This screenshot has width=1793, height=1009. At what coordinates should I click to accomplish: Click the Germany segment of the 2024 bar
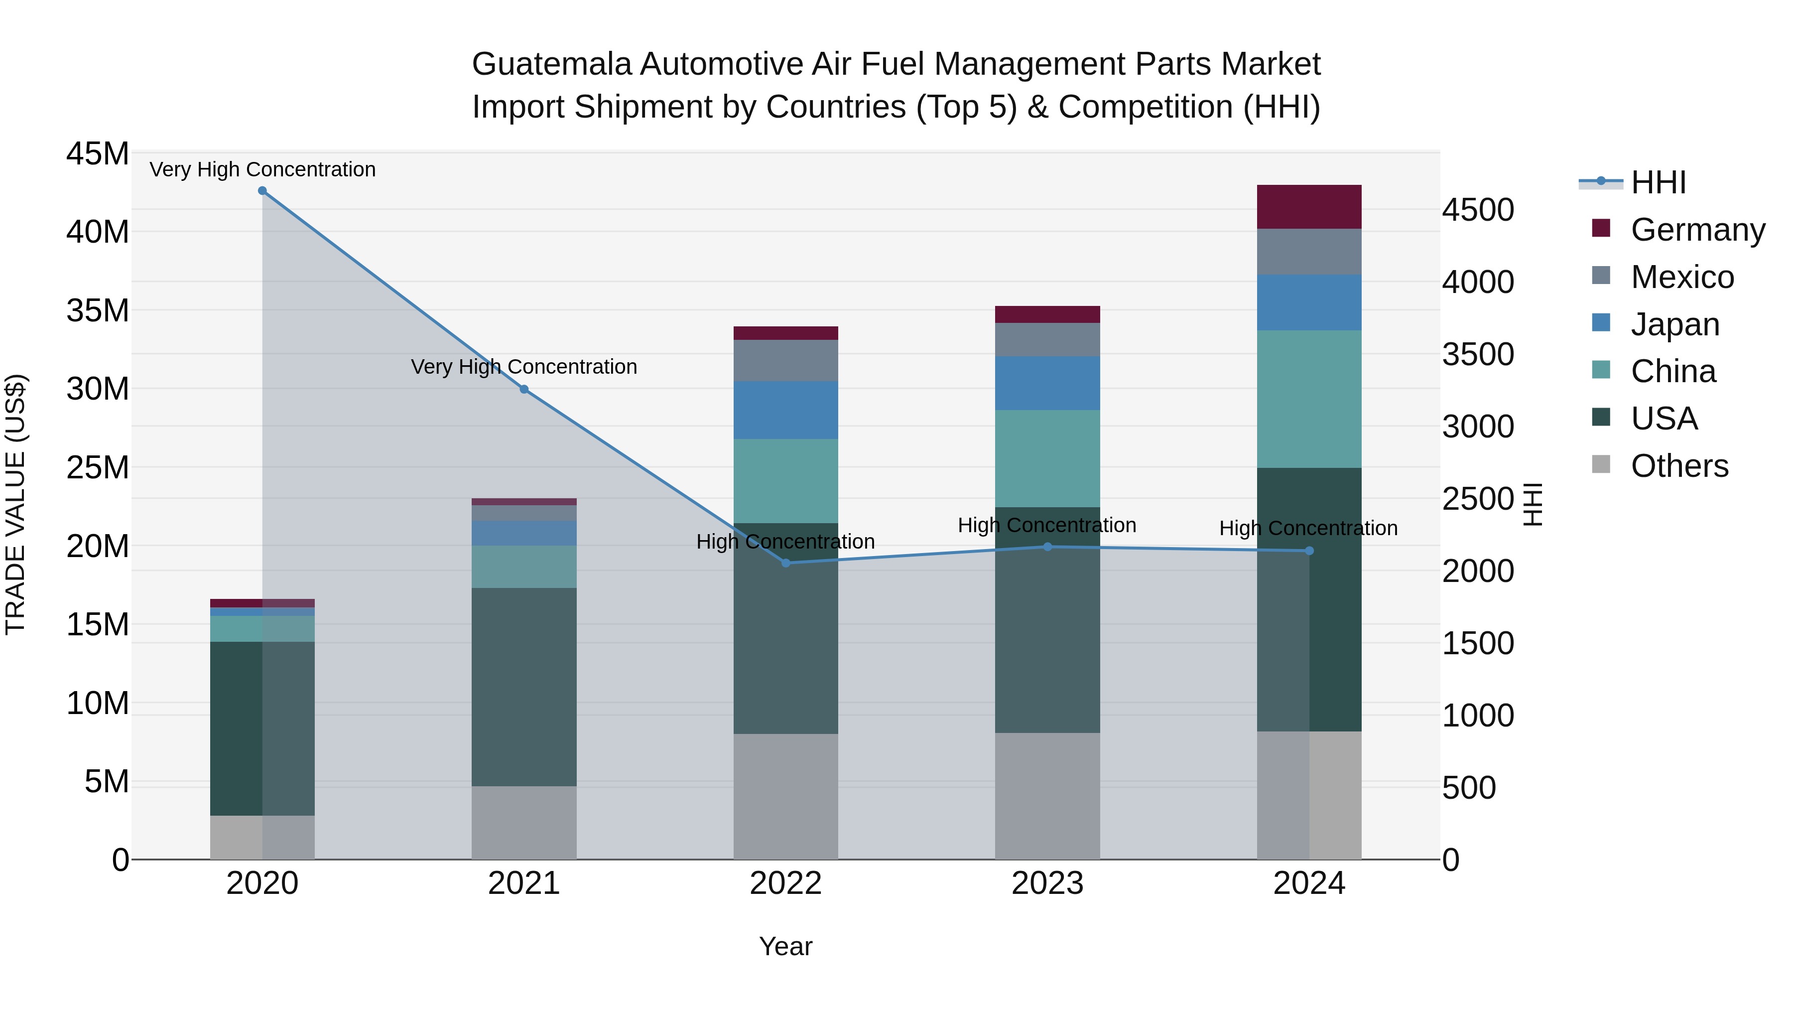pyautogui.click(x=1308, y=207)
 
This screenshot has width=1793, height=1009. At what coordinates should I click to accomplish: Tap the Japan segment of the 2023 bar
pyautogui.click(x=1047, y=383)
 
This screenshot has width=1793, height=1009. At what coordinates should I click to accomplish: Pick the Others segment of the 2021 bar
pyautogui.click(x=523, y=822)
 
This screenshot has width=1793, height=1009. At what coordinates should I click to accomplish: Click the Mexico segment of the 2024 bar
pyautogui.click(x=1308, y=252)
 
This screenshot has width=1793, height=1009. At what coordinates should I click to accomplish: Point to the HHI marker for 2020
pyautogui.click(x=262, y=191)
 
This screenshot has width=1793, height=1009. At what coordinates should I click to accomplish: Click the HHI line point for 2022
pyautogui.click(x=786, y=563)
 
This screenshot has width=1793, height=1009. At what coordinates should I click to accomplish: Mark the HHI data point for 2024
pyautogui.click(x=1308, y=551)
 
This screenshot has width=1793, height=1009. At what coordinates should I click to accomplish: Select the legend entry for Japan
pyautogui.click(x=1674, y=324)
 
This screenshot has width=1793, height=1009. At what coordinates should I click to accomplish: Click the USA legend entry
pyautogui.click(x=1664, y=419)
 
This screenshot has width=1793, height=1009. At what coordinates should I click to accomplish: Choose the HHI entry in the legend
pyautogui.click(x=1658, y=182)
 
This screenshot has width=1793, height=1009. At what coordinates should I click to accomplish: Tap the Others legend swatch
pyautogui.click(x=1601, y=464)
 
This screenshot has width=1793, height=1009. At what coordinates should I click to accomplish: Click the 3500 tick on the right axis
pyautogui.click(x=1477, y=354)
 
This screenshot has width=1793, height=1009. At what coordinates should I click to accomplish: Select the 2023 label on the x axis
pyautogui.click(x=1047, y=883)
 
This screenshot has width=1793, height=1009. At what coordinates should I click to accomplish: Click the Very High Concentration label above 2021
pyautogui.click(x=523, y=366)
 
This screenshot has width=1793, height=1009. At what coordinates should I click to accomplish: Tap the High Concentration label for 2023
pyautogui.click(x=1047, y=525)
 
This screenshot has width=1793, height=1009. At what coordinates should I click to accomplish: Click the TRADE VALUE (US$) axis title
pyautogui.click(x=15, y=504)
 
